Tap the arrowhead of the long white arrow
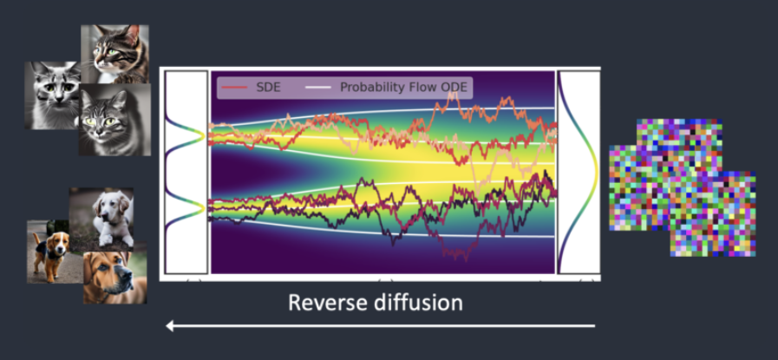pos(171,326)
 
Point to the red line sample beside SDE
pos(233,87)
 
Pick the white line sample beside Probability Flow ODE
pos(319,87)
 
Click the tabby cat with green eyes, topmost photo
pos(114,53)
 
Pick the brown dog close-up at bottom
pos(114,276)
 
